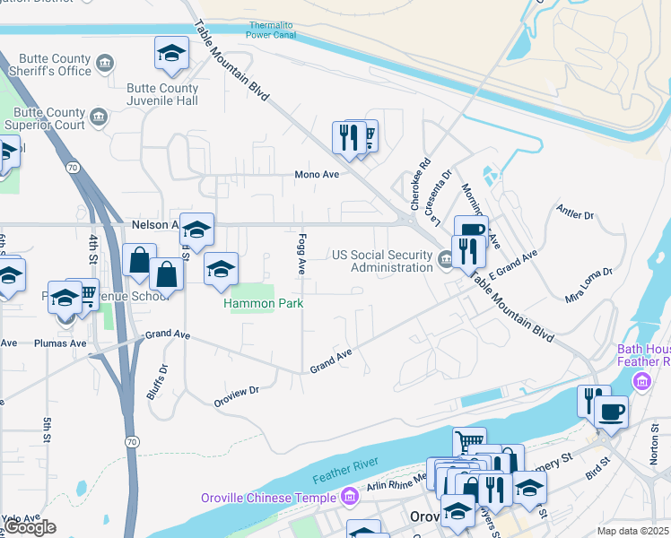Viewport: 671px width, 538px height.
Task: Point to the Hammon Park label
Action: [263, 304]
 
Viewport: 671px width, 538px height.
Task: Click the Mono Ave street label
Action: [318, 174]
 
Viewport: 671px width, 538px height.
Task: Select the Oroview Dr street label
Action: [236, 390]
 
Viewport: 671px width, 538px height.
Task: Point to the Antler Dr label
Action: [576, 215]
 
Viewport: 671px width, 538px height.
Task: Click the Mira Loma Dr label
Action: [588, 283]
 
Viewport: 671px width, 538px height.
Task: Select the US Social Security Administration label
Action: [382, 261]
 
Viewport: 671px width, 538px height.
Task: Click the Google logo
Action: [30, 527]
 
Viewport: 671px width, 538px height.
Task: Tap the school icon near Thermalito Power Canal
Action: [171, 54]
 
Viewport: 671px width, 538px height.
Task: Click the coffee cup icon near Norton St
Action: [612, 412]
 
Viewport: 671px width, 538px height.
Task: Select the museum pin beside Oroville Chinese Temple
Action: [350, 495]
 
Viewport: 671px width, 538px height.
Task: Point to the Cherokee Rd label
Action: [421, 185]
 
